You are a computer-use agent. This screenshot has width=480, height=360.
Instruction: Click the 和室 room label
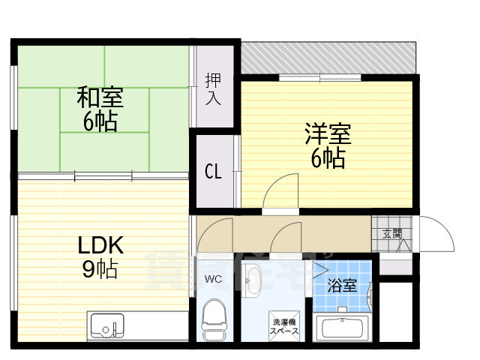[100, 97]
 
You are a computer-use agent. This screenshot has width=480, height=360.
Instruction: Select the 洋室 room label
[328, 135]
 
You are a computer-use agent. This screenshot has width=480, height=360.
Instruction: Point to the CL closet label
[214, 172]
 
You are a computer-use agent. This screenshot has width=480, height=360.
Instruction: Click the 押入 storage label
[214, 88]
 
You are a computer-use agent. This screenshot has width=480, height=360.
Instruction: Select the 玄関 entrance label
[391, 234]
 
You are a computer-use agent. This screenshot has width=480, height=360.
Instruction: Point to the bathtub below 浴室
[342, 328]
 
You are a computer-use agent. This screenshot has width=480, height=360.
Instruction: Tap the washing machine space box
[285, 325]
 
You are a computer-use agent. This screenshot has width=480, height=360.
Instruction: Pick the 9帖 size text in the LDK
[100, 269]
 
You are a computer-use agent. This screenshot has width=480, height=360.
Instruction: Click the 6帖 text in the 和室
[100, 121]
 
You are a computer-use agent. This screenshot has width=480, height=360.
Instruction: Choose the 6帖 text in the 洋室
[328, 159]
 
